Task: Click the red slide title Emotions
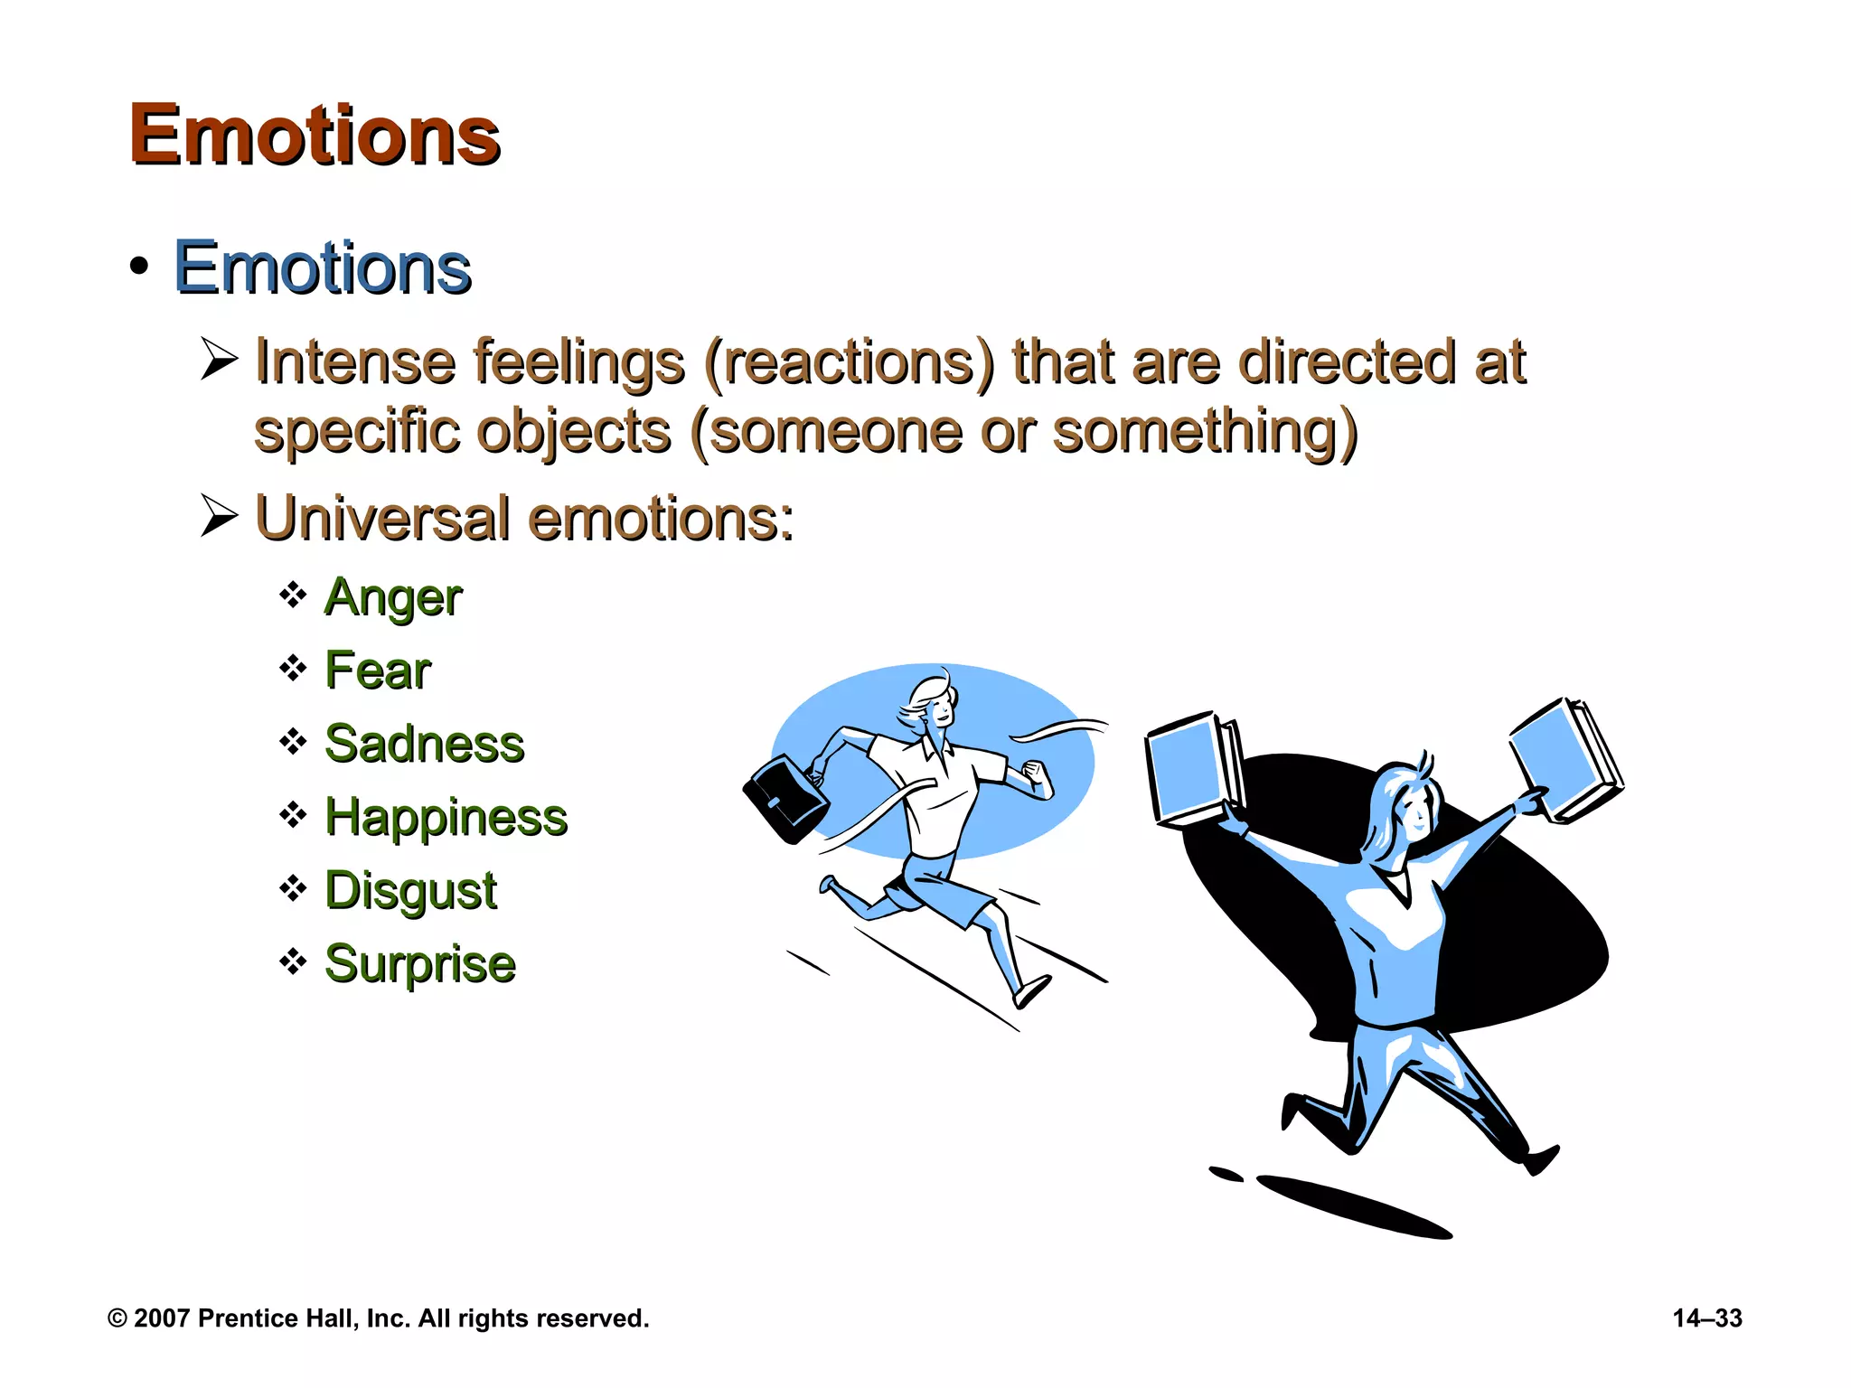pyautogui.click(x=314, y=136)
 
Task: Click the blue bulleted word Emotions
pyautogui.click(x=322, y=268)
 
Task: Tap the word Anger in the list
pyautogui.click(x=393, y=597)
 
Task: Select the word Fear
pyautogui.click(x=378, y=671)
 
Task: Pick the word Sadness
pyautogui.click(x=424, y=744)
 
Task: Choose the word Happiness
pyautogui.click(x=446, y=817)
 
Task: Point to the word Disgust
pyautogui.click(x=410, y=890)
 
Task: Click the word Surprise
pyautogui.click(x=420, y=963)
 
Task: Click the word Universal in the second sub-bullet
pyautogui.click(x=382, y=519)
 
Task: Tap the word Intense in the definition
pyautogui.click(x=355, y=361)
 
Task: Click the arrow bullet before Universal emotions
pyautogui.click(x=219, y=516)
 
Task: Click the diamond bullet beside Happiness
pyautogui.click(x=293, y=815)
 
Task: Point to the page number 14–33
pyautogui.click(x=1706, y=1318)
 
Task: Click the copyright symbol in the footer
pyautogui.click(x=117, y=1318)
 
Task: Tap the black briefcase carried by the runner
pyautogui.click(x=784, y=800)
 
